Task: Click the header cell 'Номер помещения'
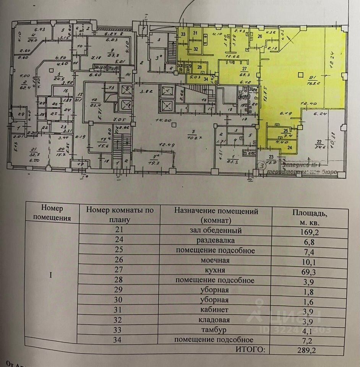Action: pos(52,213)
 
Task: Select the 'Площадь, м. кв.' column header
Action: pos(310,217)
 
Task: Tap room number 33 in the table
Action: pos(120,330)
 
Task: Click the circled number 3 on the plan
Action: pos(262,166)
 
